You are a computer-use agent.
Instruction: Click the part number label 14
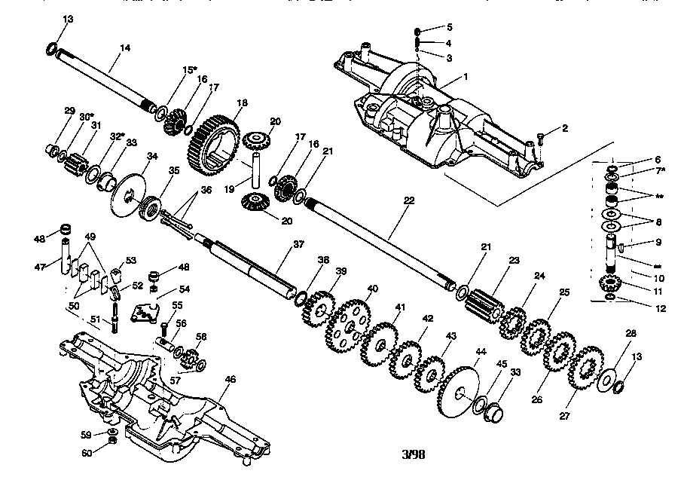point(125,48)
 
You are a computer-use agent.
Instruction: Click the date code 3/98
point(415,455)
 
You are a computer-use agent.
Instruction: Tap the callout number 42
point(427,319)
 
